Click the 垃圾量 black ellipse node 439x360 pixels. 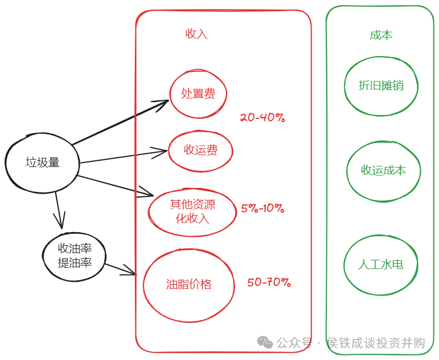pyautogui.click(x=42, y=162)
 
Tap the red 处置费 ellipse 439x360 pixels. pyautogui.click(x=198, y=93)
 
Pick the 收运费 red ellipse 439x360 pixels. pyautogui.click(x=201, y=151)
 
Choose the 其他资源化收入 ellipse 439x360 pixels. pyautogui.click(x=192, y=211)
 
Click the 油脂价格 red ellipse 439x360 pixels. pyautogui.click(x=189, y=285)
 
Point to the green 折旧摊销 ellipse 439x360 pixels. pyautogui.click(x=381, y=85)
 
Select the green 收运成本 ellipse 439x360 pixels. pyautogui.click(x=383, y=170)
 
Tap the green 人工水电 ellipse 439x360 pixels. pyautogui.click(x=381, y=264)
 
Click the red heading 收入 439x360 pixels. pyautogui.click(x=197, y=34)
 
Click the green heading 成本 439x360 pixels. pyautogui.click(x=381, y=35)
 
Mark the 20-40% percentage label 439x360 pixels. pyautogui.click(x=262, y=118)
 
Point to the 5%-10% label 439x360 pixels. pyautogui.click(x=262, y=208)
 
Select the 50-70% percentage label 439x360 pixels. pyautogui.click(x=268, y=282)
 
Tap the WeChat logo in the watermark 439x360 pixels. pyautogui.click(x=265, y=342)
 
